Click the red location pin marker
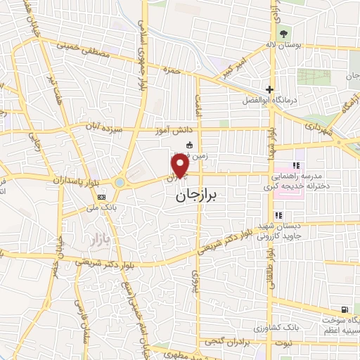click(x=179, y=166)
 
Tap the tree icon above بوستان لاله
click(x=284, y=32)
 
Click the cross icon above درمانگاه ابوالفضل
click(x=269, y=90)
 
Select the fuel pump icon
click(x=343, y=310)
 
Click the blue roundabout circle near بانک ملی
click(x=120, y=182)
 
